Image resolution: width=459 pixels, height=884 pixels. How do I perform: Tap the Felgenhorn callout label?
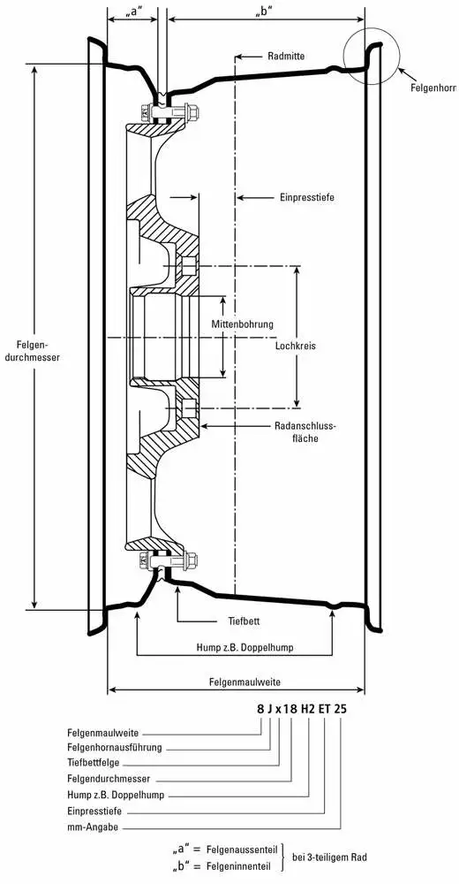[434, 88]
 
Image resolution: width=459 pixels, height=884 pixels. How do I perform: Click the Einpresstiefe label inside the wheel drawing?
[307, 198]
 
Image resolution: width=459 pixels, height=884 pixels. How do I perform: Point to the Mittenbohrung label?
[242, 324]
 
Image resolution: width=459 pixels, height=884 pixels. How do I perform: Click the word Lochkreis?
[296, 347]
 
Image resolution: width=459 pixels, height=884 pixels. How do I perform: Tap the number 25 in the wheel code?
[340, 709]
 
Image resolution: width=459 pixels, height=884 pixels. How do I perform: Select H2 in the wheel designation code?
[307, 709]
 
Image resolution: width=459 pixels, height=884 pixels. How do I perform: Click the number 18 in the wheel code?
[290, 709]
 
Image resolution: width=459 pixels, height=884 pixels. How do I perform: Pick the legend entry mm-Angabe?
[93, 828]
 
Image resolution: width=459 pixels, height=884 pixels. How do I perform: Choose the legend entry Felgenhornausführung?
[115, 748]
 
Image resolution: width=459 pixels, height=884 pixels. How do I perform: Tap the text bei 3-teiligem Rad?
[329, 857]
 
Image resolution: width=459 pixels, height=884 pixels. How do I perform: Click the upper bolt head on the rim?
[191, 113]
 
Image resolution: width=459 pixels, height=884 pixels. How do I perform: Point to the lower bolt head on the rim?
[191, 560]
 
